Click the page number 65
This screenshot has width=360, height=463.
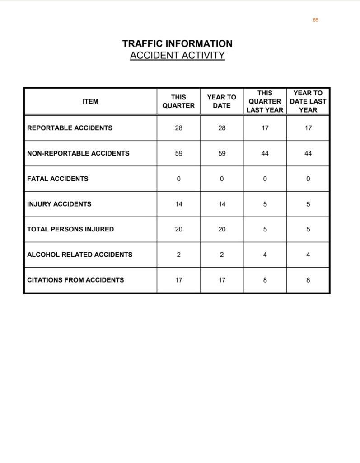tap(315, 20)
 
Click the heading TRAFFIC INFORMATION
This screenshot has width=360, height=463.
tap(177, 44)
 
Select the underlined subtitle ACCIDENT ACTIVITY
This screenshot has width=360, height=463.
tap(177, 56)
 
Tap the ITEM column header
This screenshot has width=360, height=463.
tap(90, 101)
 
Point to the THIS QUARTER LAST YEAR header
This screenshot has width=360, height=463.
tap(265, 101)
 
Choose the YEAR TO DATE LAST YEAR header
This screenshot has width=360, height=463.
tap(308, 101)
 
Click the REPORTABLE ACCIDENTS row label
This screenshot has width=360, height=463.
tap(70, 128)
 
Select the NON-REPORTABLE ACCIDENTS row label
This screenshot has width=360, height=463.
tap(78, 153)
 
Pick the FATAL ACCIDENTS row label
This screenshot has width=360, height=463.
tap(58, 179)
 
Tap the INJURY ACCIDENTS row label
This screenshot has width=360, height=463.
tap(59, 204)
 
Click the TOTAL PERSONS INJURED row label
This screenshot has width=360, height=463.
tap(70, 229)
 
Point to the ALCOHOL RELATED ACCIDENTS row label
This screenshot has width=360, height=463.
tap(79, 255)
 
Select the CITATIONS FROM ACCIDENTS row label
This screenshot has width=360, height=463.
tap(75, 280)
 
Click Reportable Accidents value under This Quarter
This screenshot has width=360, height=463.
tap(179, 128)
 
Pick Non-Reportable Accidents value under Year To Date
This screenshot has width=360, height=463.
tap(222, 153)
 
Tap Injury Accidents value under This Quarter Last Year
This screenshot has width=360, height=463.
tap(265, 204)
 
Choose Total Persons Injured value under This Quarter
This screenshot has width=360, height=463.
tap(179, 229)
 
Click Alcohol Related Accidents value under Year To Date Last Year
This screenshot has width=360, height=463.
tap(308, 255)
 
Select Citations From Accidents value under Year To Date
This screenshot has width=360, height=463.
tap(222, 280)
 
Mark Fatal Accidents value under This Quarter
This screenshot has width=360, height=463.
tap(179, 179)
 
